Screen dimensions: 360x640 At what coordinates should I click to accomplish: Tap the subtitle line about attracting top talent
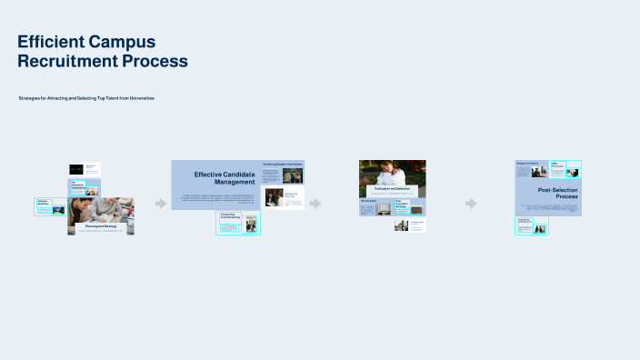click(86, 98)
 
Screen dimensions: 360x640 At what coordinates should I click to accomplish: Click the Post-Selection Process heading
click(557, 193)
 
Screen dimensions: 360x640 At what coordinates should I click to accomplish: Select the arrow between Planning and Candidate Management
click(161, 204)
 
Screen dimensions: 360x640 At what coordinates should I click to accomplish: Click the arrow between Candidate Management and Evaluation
click(315, 204)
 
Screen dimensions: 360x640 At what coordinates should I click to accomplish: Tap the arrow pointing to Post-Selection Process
click(471, 204)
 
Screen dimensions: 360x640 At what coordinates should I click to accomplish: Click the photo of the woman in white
click(392, 173)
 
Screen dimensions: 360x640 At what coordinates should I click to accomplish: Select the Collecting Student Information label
click(283, 164)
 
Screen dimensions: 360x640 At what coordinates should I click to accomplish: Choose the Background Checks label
click(528, 164)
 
